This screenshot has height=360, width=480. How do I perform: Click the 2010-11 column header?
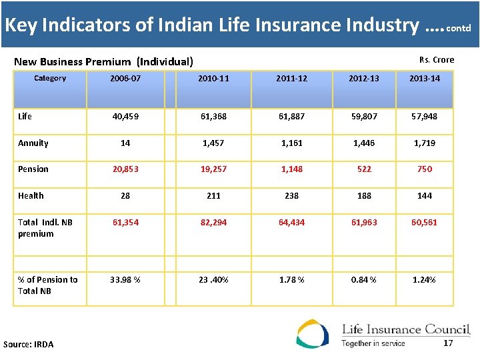click(213, 79)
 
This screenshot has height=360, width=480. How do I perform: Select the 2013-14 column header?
click(425, 79)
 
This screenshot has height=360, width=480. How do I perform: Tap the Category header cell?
click(50, 79)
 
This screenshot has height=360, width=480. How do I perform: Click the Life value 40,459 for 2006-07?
click(125, 117)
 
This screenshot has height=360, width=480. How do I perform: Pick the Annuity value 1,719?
click(425, 143)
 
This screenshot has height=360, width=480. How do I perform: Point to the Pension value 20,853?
click(125, 169)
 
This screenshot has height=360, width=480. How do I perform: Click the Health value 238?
click(291, 196)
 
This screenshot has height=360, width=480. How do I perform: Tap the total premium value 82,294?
click(213, 223)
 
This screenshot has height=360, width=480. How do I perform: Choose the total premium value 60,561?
click(425, 223)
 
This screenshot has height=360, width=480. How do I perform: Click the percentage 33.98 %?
click(125, 280)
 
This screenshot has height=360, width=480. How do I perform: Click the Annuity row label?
click(33, 143)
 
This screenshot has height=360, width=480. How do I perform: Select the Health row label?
click(31, 196)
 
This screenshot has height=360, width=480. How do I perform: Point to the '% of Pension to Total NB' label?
click(47, 285)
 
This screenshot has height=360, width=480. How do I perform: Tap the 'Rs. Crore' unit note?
click(437, 60)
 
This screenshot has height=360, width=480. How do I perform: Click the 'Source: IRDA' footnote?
click(29, 344)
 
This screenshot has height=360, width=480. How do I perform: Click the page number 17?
click(448, 343)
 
